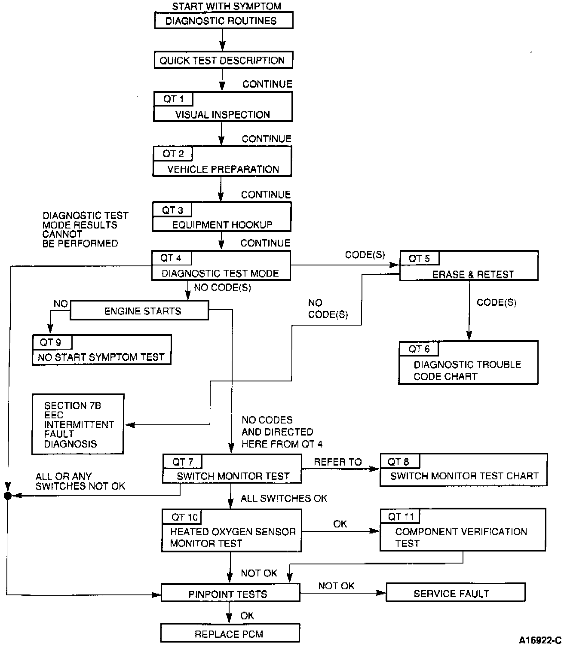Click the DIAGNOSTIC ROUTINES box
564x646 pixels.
pos(224,21)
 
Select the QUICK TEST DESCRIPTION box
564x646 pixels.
pos(223,60)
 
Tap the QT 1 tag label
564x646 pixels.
pos(173,99)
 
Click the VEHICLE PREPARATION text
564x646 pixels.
pos(223,169)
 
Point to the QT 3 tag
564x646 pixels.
pos(172,210)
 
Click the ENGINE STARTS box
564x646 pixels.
pos(139,311)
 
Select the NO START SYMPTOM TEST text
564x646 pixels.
pos(101,357)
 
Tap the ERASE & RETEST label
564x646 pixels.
pos(473,274)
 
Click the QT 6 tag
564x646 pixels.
pos(419,349)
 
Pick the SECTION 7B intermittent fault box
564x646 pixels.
pos(78,424)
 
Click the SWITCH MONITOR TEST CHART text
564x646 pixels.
pos(464,476)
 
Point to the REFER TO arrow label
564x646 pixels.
pos(338,462)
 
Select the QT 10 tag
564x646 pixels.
pos(184,517)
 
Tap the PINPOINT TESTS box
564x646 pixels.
pos(230,594)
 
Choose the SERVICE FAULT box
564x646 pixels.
pos(455,594)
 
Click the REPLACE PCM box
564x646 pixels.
pos(230,634)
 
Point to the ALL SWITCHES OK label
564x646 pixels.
pos(284,498)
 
